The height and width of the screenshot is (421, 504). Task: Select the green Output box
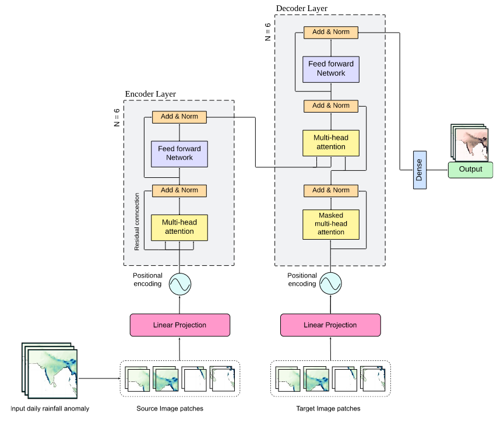click(x=470, y=170)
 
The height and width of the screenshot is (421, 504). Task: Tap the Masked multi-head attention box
click(x=331, y=224)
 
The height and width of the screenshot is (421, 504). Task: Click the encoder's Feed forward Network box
click(x=179, y=153)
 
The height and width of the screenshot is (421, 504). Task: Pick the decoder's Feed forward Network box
click(x=331, y=69)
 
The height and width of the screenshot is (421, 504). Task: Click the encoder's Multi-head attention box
click(x=179, y=227)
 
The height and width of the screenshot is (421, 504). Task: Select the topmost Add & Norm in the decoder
click(x=331, y=33)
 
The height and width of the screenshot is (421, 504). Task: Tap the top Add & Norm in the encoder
click(x=179, y=117)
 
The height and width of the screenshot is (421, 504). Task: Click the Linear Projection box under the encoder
click(x=179, y=325)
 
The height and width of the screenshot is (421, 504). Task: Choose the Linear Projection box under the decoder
click(x=330, y=325)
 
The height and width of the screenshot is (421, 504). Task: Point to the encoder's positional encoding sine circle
click(x=180, y=285)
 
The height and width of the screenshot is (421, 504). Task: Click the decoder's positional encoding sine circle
click(x=330, y=285)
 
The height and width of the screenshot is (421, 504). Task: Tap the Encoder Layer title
click(x=150, y=94)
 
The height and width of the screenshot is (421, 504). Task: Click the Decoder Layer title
click(x=302, y=8)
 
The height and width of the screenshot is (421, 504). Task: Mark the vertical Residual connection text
click(x=138, y=222)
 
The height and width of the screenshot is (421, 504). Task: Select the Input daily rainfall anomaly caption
click(x=50, y=409)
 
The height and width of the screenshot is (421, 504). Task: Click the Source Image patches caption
click(x=170, y=409)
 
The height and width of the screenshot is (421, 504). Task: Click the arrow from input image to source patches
click(x=99, y=378)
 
